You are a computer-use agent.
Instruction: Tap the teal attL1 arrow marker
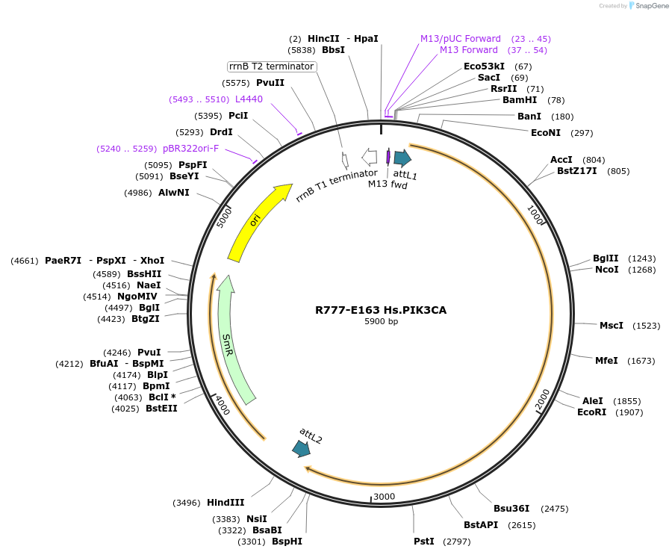[402, 158]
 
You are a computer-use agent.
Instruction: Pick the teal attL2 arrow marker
[302, 448]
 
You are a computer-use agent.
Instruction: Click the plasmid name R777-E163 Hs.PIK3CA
[381, 310]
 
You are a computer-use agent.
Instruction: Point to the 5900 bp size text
[381, 321]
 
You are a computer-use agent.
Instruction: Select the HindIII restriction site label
[225, 503]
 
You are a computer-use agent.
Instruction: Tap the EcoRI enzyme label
[591, 412]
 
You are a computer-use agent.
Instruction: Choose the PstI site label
[423, 541]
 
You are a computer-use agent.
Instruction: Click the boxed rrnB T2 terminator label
[272, 66]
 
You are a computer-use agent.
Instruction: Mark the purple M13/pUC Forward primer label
[460, 39]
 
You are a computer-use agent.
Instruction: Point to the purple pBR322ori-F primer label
[190, 149]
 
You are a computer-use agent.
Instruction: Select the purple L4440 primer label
[249, 99]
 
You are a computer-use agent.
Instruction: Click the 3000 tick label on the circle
[384, 497]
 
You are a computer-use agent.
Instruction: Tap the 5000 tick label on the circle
[224, 217]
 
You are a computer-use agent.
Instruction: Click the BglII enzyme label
[606, 258]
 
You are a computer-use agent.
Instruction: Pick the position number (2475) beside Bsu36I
[554, 509]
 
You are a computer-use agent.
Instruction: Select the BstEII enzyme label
[161, 409]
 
